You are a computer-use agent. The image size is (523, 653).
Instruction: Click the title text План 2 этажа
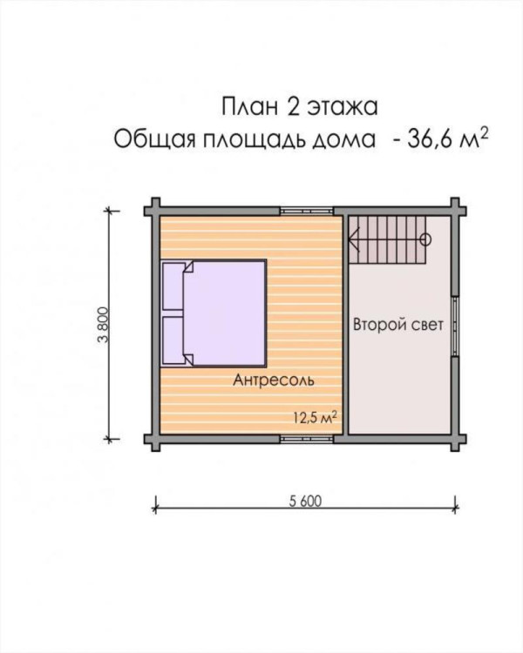[x=300, y=106]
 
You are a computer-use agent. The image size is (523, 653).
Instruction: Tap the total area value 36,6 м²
[x=447, y=138]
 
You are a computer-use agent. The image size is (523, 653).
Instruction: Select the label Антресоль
[x=274, y=380]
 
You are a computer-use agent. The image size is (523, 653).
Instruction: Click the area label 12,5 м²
[x=315, y=418]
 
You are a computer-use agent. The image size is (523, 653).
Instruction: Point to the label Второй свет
[x=398, y=325]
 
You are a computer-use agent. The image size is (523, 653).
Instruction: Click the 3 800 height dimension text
[x=103, y=325]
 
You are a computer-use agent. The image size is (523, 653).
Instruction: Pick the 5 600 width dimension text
[x=306, y=501]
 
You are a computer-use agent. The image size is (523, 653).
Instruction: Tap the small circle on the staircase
[x=426, y=239]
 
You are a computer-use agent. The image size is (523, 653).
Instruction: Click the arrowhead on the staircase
[x=354, y=239]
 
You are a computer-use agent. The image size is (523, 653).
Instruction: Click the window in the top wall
[x=306, y=212]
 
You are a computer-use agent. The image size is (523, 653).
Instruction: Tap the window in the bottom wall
[x=306, y=439]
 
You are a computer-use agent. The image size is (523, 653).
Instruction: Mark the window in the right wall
[x=455, y=326]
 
